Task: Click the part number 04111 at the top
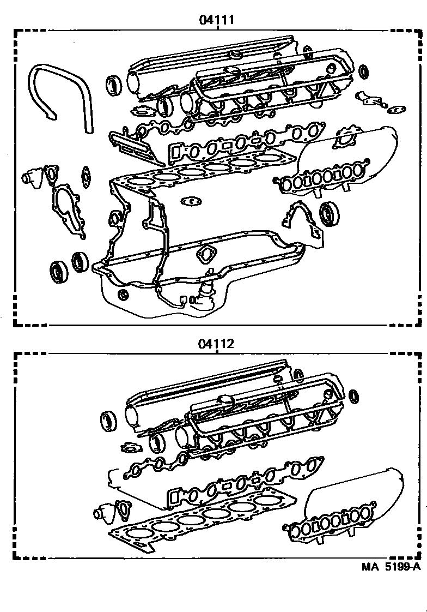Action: pos(217,20)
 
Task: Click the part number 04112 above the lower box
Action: pos(217,344)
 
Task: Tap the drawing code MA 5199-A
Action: pos(391,566)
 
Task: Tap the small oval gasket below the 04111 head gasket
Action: pos(191,201)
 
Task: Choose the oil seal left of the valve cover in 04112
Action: pos(108,422)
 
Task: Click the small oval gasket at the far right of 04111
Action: pos(397,110)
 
